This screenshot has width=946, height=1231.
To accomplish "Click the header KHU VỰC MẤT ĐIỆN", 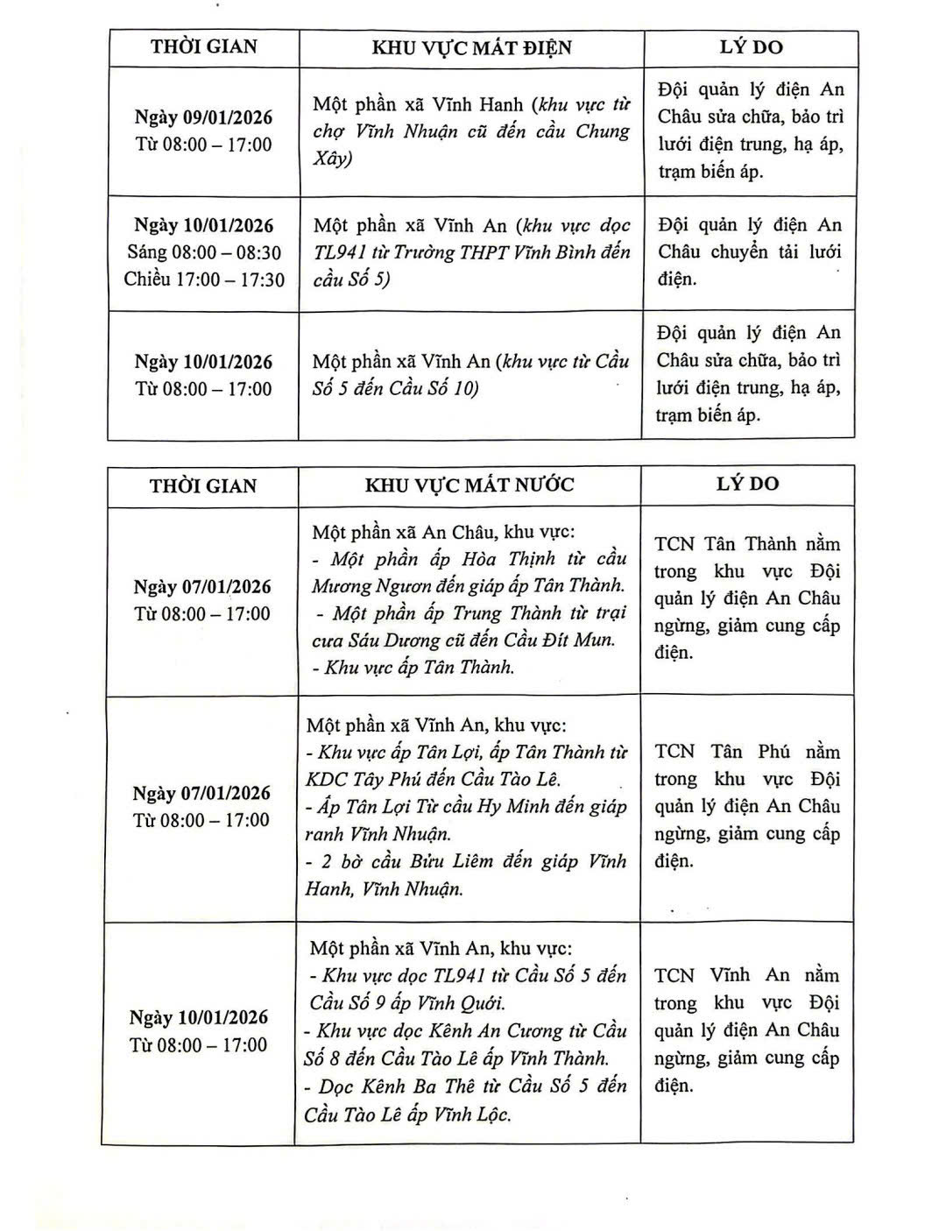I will point(471,47).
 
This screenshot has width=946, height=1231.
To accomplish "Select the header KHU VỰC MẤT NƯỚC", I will point(469,485).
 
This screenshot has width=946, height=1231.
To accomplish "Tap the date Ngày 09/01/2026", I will point(203,117).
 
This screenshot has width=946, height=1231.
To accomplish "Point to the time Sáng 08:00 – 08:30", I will point(204,252).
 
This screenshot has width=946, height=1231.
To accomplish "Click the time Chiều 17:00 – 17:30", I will point(204,279).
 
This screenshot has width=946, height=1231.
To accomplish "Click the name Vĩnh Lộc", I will point(469,1114).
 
